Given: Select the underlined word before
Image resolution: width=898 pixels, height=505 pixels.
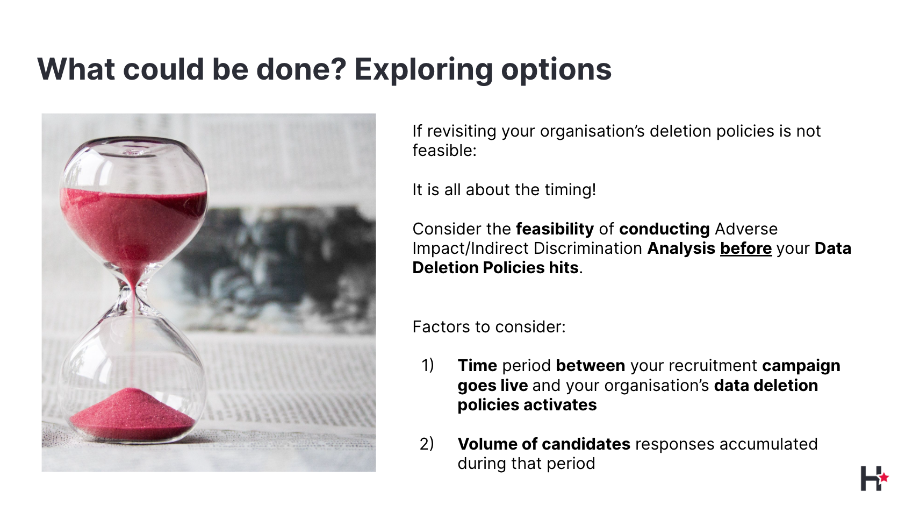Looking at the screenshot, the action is [x=746, y=248].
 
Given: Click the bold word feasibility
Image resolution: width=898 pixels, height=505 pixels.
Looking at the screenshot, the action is [x=555, y=229].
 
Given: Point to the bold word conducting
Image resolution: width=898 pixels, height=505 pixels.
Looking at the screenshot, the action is [x=664, y=229].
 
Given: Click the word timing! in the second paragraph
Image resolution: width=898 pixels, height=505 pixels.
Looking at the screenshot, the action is [x=570, y=190].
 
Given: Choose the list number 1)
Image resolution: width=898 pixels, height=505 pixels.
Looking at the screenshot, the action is [x=427, y=365].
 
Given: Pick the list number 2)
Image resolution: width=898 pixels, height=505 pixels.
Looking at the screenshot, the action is [x=427, y=444].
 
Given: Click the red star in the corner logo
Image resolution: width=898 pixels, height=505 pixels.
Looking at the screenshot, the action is [x=884, y=478].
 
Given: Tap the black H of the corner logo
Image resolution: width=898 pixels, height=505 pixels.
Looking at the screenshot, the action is [x=871, y=479].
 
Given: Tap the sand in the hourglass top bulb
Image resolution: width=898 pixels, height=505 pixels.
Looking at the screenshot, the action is [x=133, y=225].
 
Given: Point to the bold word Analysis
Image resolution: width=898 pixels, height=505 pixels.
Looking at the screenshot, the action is [x=681, y=249].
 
